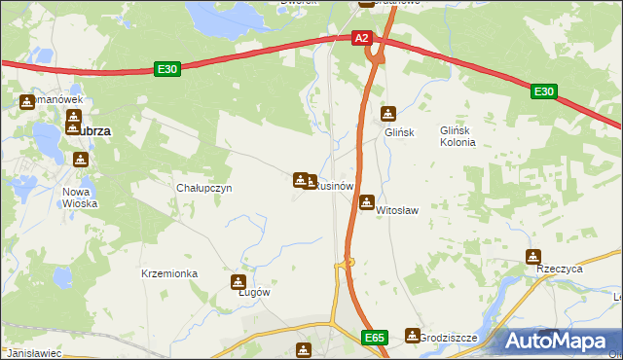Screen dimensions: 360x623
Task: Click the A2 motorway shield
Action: (361, 38)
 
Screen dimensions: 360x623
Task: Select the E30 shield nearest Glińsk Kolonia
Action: (544, 91)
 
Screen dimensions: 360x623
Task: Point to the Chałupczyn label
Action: (203, 188)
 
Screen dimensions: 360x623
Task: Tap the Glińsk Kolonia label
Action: (457, 135)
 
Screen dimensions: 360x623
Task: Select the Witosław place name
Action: (396, 209)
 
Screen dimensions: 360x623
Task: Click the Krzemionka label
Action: (169, 274)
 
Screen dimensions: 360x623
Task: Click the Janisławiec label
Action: (32, 353)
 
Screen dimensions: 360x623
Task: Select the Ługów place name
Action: (253, 292)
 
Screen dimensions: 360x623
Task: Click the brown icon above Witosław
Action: (366, 202)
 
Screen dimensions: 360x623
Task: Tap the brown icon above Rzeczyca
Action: (532, 257)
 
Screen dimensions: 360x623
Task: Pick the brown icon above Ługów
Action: (237, 282)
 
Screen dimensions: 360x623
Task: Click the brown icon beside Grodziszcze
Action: (412, 336)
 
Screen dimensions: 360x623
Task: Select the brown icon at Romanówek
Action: (26, 101)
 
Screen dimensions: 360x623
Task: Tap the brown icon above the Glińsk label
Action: (388, 114)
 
